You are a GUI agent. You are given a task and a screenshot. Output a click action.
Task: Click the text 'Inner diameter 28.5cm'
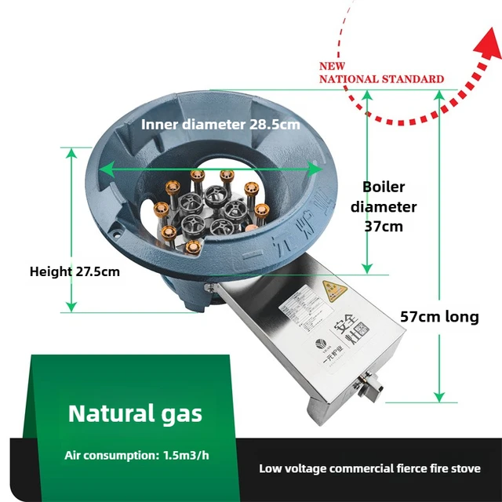(x=220, y=124)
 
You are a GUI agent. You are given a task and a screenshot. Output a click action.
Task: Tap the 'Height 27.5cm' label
(x=75, y=271)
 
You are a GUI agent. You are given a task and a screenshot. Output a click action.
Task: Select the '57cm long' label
(x=439, y=317)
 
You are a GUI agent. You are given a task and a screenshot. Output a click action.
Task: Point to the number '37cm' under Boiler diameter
(x=384, y=227)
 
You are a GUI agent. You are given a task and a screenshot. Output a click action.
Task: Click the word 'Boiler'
(x=384, y=187)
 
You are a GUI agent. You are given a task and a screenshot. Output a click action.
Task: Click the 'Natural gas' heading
(x=135, y=413)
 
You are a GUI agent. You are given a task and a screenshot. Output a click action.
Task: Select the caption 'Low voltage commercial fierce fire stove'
(x=369, y=468)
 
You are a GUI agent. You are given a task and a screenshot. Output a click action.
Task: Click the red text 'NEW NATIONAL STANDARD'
(x=380, y=73)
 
